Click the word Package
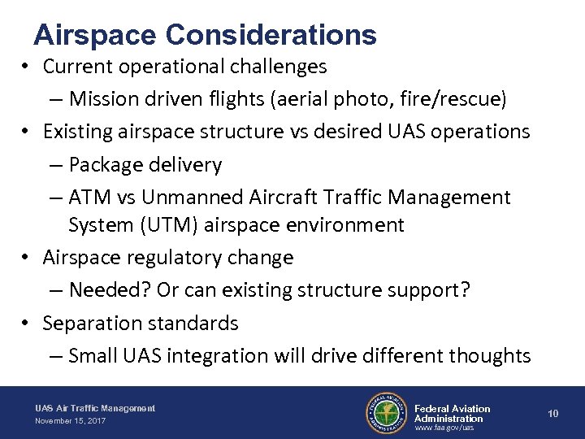(106, 165)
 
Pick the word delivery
(186, 165)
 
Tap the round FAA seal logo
(385, 412)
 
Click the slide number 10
(553, 414)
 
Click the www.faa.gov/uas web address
(444, 428)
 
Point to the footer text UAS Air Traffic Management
(95, 408)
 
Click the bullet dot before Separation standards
(27, 324)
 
